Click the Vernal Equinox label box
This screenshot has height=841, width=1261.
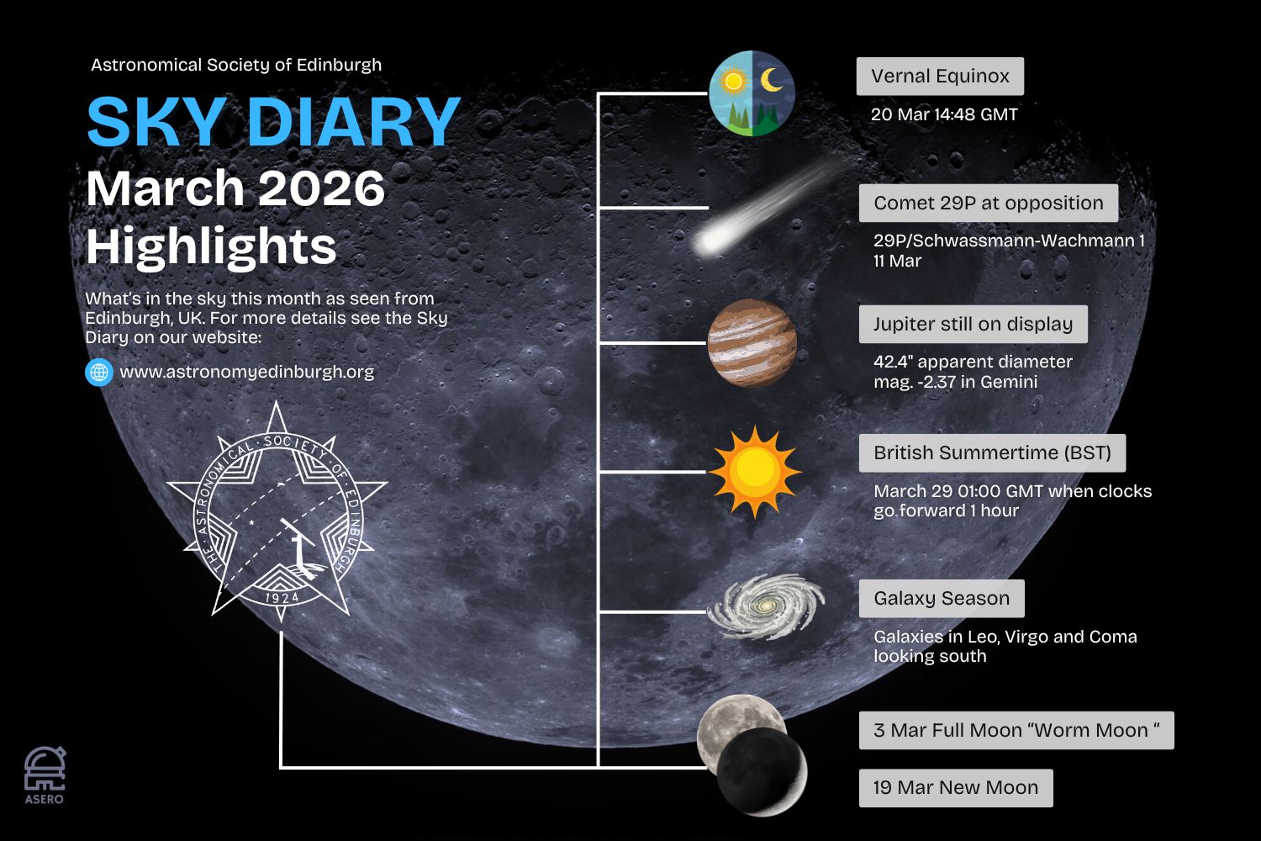(x=940, y=76)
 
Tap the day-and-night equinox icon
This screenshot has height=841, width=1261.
(x=752, y=93)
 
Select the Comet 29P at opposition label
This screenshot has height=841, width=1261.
(x=989, y=203)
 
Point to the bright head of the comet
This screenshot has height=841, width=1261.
(x=710, y=241)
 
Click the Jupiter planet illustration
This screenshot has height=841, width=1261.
(x=752, y=342)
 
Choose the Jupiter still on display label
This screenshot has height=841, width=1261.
(x=973, y=324)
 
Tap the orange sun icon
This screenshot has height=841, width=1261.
(x=754, y=472)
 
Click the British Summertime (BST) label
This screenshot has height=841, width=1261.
(x=993, y=453)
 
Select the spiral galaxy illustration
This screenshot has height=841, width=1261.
(x=766, y=606)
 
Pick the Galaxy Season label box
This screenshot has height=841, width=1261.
(x=942, y=598)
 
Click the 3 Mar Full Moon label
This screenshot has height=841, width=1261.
(x=1016, y=731)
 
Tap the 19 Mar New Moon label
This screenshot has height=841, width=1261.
(x=956, y=787)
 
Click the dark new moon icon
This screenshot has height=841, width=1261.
(x=762, y=772)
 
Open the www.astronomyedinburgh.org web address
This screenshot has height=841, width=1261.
(x=246, y=372)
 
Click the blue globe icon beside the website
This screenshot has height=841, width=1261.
(x=99, y=373)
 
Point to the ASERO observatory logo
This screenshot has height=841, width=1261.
(x=45, y=775)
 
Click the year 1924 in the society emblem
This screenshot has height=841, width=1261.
(x=282, y=598)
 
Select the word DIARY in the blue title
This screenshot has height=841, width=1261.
(x=354, y=122)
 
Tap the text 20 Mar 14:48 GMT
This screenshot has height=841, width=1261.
(x=944, y=114)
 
